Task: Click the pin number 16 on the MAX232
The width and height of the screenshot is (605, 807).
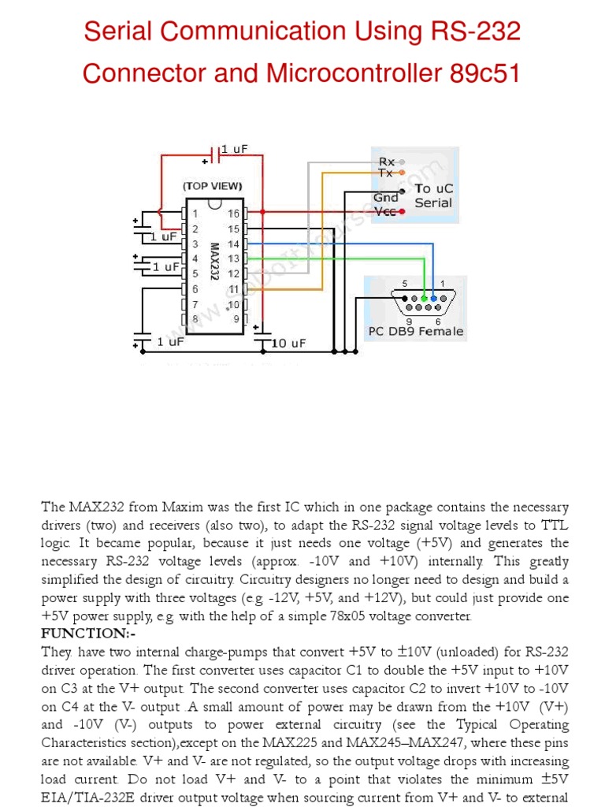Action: coord(233,214)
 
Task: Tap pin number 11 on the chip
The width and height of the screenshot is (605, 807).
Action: coord(233,289)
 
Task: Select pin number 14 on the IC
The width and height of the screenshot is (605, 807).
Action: coord(233,244)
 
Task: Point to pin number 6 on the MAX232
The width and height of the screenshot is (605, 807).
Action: coord(195,289)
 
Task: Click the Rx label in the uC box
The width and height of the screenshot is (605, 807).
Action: coord(387,162)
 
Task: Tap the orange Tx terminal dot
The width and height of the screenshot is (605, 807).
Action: coord(403,172)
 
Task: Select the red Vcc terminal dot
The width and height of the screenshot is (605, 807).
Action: coord(403,211)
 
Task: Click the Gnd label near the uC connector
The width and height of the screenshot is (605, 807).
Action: coord(386,197)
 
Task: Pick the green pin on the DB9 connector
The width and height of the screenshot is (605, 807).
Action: coord(424,299)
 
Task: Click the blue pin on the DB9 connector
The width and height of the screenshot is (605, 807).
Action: coord(434,299)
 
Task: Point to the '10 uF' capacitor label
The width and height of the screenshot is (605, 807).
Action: coord(288,343)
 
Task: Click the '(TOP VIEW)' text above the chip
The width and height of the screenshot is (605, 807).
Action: coord(213,187)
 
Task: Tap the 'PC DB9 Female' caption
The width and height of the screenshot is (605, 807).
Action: coord(416,332)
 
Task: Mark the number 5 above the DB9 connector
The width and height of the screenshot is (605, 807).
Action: coord(405,284)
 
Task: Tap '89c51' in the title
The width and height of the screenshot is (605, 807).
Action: coord(485,73)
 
